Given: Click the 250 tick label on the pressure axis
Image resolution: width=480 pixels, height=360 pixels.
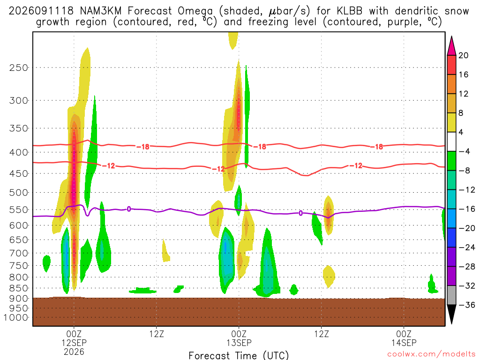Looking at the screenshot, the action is point(19,67).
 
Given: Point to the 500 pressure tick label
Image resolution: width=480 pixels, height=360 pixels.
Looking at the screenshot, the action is point(19,193).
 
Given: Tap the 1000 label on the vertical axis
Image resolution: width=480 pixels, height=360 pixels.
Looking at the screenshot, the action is point(16,317).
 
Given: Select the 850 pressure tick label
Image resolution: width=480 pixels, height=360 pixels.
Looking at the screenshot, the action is point(19,288).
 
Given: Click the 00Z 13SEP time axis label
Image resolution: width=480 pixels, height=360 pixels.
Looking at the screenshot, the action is point(239,338).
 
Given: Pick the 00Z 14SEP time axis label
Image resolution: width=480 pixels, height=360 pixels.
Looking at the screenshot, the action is point(404,338).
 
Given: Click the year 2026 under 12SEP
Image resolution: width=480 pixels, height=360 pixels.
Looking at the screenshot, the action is point(74,352).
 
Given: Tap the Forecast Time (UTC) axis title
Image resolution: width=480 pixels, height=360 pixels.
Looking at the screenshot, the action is point(239,355).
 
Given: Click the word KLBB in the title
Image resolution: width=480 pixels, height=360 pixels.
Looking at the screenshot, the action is point(349,11).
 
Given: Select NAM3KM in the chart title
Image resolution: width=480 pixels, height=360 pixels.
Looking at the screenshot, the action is point(100,11).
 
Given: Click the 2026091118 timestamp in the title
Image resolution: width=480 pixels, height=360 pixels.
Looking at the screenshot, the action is point(41,11).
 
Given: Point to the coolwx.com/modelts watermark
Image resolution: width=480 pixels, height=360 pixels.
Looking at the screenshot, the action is point(431,354).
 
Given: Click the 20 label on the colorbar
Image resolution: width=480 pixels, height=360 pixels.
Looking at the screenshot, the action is point(463,55).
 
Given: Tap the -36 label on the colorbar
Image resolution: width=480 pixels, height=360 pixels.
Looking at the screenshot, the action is point(467,305).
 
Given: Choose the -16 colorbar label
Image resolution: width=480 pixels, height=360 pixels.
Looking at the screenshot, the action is point(467,209).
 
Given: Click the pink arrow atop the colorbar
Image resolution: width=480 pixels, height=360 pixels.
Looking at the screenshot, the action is point(451,46).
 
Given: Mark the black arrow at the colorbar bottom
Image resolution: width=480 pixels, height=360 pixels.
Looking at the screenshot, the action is point(451,314).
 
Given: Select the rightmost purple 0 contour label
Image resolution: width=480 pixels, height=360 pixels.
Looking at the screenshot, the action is point(300,213).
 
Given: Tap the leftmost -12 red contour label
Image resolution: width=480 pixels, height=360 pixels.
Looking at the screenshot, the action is point(108,166).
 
